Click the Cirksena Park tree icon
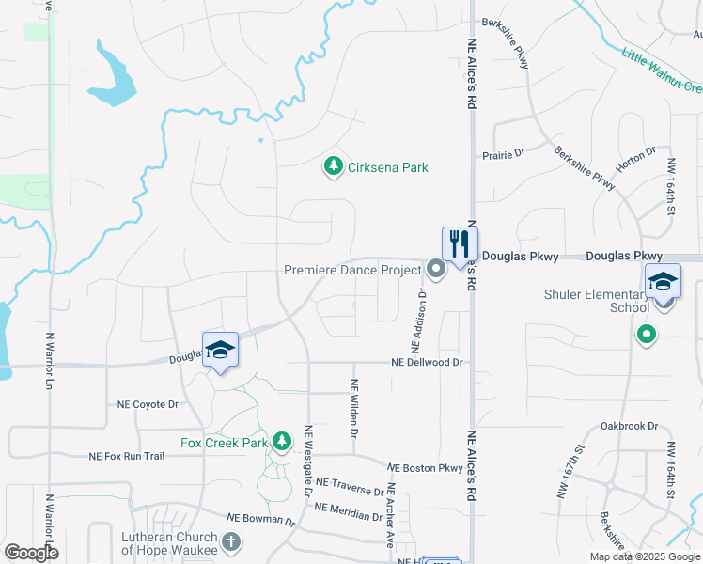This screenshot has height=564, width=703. [332, 167]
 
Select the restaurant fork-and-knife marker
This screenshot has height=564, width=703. [460, 243]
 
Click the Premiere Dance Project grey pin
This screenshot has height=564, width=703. [435, 270]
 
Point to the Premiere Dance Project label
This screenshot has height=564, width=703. [352, 270]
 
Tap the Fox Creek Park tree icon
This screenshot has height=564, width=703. [281, 441]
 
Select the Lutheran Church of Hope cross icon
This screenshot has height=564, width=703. [231, 542]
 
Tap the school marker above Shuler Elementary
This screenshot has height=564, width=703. [662, 282]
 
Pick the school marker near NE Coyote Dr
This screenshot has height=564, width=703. [220, 351]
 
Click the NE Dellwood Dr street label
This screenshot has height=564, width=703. [428, 363]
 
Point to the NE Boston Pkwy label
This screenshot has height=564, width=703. [425, 467]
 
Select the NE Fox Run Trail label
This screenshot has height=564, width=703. [127, 456]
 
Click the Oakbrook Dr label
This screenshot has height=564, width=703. [630, 425]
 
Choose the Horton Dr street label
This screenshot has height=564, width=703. [635, 163]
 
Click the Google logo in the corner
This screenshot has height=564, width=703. [31, 553]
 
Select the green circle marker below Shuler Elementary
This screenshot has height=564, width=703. [646, 334]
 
